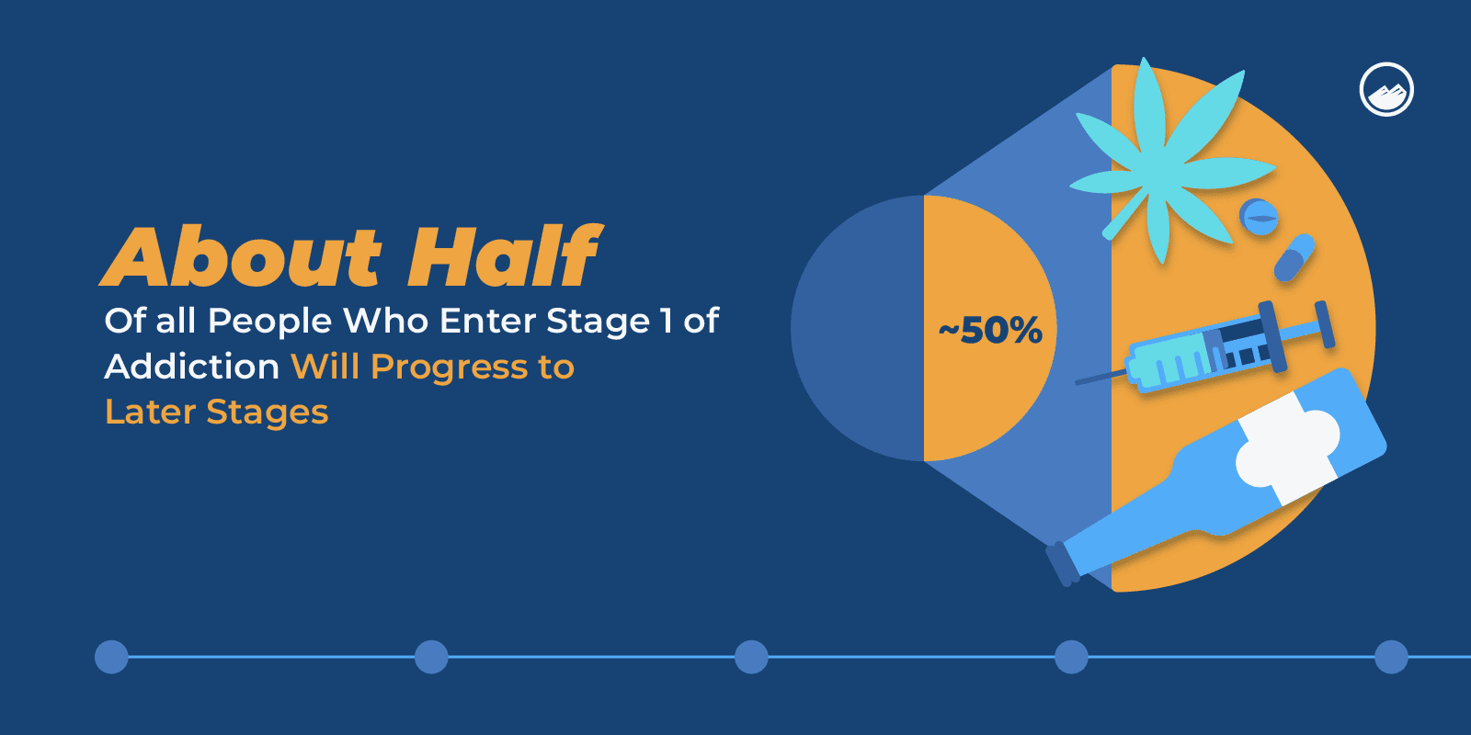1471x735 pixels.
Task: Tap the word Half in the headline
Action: pyautogui.click(x=505, y=255)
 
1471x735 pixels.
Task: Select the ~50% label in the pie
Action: pyautogui.click(x=990, y=330)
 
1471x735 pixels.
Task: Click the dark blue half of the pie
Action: pyautogui.click(x=858, y=328)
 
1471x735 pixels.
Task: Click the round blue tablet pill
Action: pyautogui.click(x=1259, y=217)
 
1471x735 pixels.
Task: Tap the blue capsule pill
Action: pyautogui.click(x=1294, y=258)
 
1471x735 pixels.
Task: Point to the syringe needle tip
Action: pyautogui.click(x=1078, y=382)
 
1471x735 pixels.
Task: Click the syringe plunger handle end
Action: pyautogui.click(x=1325, y=324)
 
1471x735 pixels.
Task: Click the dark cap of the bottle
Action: pyautogui.click(x=1062, y=564)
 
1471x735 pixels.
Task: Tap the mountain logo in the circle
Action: pyautogui.click(x=1386, y=90)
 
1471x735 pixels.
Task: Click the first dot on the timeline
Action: pyautogui.click(x=111, y=657)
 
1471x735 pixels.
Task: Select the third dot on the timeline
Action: pyautogui.click(x=751, y=657)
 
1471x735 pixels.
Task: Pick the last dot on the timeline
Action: pyautogui.click(x=1391, y=657)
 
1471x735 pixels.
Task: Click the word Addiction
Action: pyautogui.click(x=192, y=367)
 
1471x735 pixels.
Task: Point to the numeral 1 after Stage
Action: pyautogui.click(x=667, y=321)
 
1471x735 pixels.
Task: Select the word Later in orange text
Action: pyautogui.click(x=151, y=413)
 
